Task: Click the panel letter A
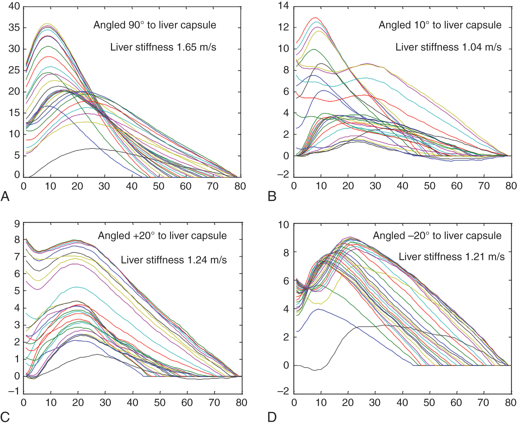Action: pyautogui.click(x=5, y=196)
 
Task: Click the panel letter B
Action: pyautogui.click(x=272, y=196)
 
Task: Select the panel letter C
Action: pyautogui.click(x=5, y=417)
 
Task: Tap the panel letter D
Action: pyautogui.click(x=272, y=417)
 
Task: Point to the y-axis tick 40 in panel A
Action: pyautogui.click(x=14, y=6)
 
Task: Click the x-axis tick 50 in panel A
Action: pyautogui.click(x=159, y=186)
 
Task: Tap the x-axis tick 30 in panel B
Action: pyautogui.click(x=375, y=186)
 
